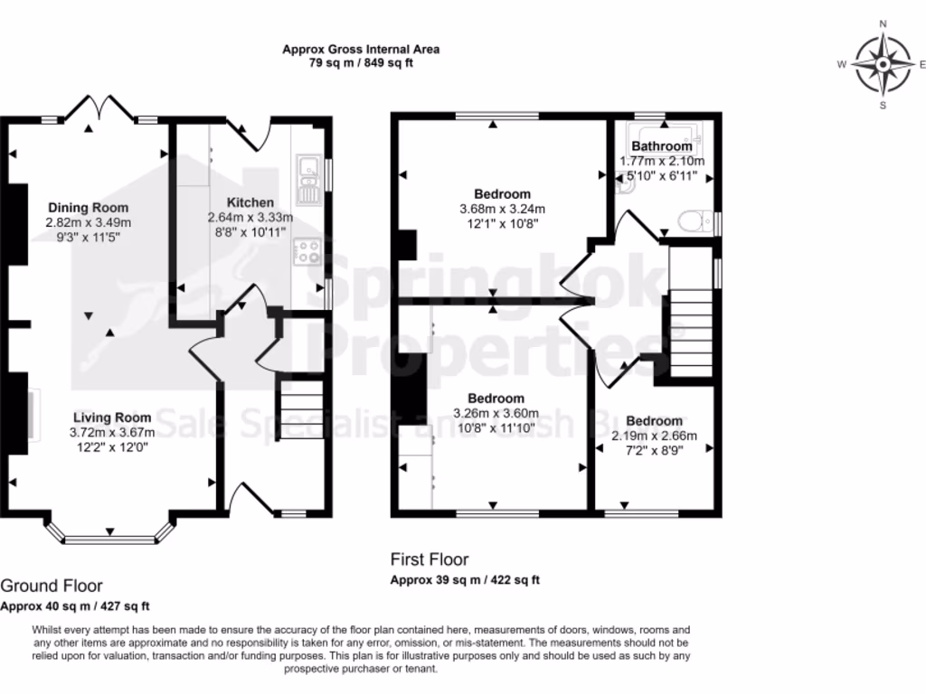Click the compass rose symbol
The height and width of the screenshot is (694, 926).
point(881,64)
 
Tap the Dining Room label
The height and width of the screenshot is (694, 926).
point(89,208)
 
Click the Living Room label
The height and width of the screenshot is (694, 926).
point(112,417)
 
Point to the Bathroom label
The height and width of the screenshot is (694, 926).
point(662,146)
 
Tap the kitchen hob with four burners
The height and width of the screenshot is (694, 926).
point(307,249)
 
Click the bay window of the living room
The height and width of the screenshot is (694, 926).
point(109,539)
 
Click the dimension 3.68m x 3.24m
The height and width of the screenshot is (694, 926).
point(502,209)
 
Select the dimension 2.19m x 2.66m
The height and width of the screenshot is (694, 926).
point(654,436)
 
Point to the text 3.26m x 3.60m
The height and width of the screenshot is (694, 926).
point(496,413)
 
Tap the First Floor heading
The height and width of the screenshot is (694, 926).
point(430,559)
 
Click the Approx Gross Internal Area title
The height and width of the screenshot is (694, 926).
point(361,50)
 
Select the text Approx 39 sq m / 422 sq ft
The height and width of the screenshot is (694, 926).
point(465,580)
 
